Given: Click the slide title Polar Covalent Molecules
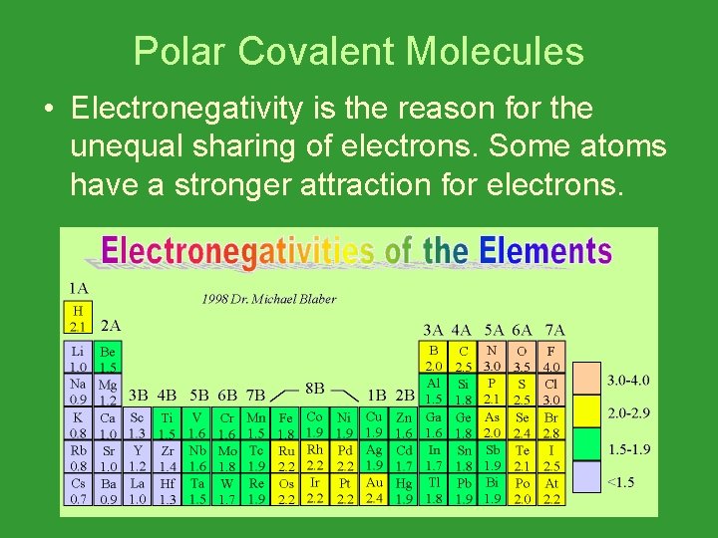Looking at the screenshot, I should click(359, 51).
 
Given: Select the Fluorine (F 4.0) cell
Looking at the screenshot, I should click(551, 359).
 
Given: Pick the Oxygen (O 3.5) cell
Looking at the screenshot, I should click(521, 359).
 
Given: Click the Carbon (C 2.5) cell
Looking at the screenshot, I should click(463, 359).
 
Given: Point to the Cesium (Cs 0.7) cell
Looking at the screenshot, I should click(78, 490).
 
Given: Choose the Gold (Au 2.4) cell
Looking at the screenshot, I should click(374, 490).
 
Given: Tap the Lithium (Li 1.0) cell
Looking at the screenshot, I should click(78, 359).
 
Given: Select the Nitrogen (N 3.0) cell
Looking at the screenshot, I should click(492, 359).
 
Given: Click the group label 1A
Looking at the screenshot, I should click(78, 289).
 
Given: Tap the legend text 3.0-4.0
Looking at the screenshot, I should click(628, 380).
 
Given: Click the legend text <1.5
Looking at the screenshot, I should click(619, 483).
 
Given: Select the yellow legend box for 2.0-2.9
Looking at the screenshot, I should click(589, 411).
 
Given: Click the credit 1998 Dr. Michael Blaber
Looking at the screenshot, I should click(269, 299).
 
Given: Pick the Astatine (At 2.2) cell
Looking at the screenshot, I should click(551, 490).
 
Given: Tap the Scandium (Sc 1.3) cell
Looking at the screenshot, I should click(137, 424).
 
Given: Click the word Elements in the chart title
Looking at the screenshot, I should click(544, 250).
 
